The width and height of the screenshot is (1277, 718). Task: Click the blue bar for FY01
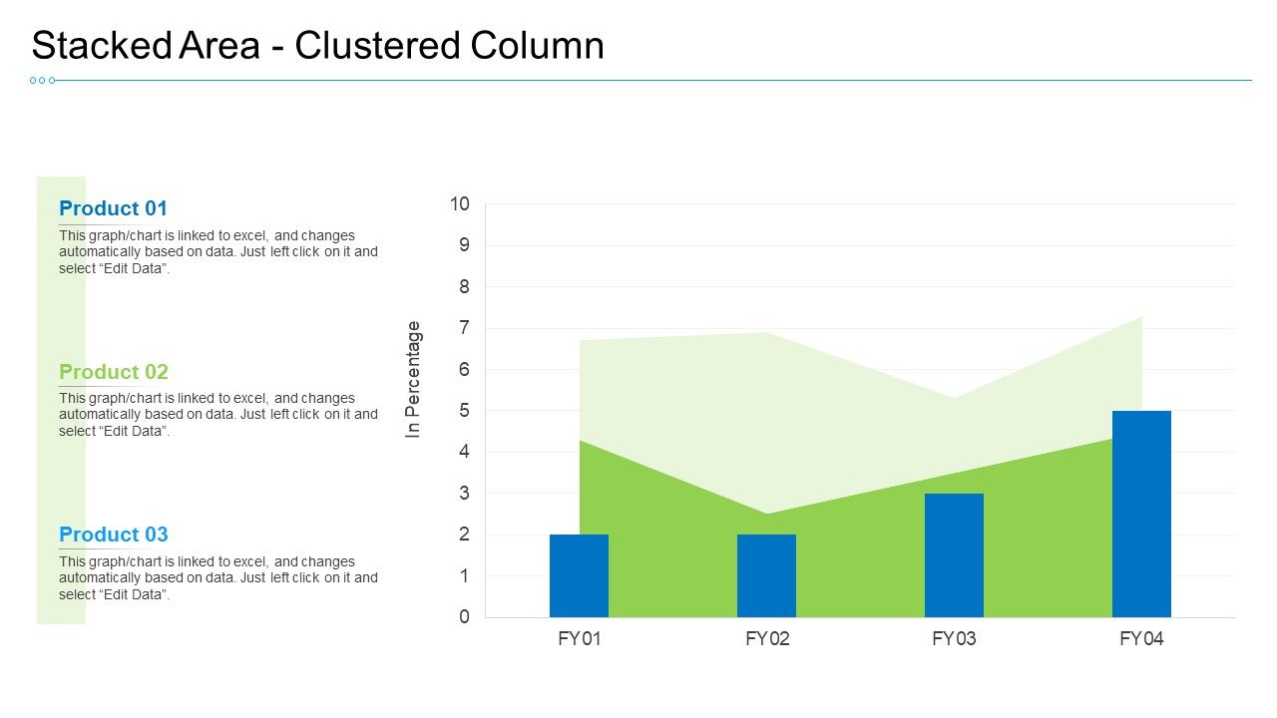click(579, 575)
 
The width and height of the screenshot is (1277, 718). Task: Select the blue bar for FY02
click(766, 575)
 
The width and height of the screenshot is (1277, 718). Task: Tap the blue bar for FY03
click(954, 554)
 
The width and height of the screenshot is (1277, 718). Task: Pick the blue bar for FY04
click(1141, 514)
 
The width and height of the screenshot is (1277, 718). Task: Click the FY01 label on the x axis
click(580, 639)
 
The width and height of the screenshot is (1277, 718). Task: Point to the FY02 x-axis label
click(767, 639)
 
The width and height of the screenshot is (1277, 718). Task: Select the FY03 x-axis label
click(954, 639)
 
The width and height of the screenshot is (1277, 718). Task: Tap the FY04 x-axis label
click(1141, 639)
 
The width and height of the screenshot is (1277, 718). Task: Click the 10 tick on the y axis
click(459, 204)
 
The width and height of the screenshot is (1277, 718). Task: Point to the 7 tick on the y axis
click(463, 328)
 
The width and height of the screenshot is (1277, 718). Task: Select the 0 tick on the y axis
click(463, 617)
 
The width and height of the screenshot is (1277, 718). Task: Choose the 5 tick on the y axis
click(463, 411)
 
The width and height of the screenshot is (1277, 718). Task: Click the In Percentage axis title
click(414, 379)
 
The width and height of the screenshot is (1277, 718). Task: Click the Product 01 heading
click(113, 208)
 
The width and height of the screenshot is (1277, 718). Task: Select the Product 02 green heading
click(114, 372)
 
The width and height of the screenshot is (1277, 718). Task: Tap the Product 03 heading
click(114, 535)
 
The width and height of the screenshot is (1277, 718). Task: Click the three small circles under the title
click(42, 80)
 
